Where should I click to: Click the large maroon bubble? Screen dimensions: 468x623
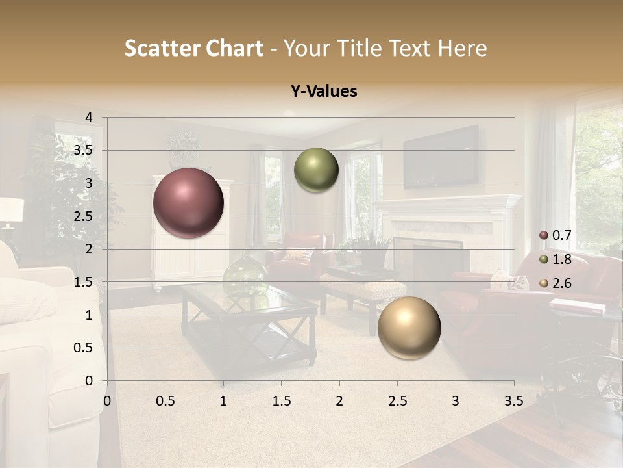188,203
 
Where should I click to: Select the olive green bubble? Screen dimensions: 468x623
316,170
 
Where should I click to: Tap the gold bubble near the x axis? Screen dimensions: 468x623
409,328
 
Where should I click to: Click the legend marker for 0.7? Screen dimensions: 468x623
544,235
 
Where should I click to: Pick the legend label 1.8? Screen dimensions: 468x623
561,259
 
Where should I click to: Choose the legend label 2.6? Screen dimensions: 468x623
561,283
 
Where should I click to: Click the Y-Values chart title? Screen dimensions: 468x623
323,92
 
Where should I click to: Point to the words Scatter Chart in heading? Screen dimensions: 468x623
193,48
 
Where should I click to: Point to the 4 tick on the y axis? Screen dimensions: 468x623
89,118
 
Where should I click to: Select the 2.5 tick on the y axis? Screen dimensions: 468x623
84,216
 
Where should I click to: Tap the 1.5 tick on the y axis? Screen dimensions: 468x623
84,282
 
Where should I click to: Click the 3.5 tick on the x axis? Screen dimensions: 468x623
513,401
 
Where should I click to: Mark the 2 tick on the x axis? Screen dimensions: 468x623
339,401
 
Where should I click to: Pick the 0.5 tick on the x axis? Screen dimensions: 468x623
165,401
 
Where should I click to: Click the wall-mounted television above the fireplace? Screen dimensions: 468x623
441,156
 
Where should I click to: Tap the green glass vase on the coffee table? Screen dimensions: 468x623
245,276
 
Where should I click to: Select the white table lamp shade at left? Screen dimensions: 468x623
11,209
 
